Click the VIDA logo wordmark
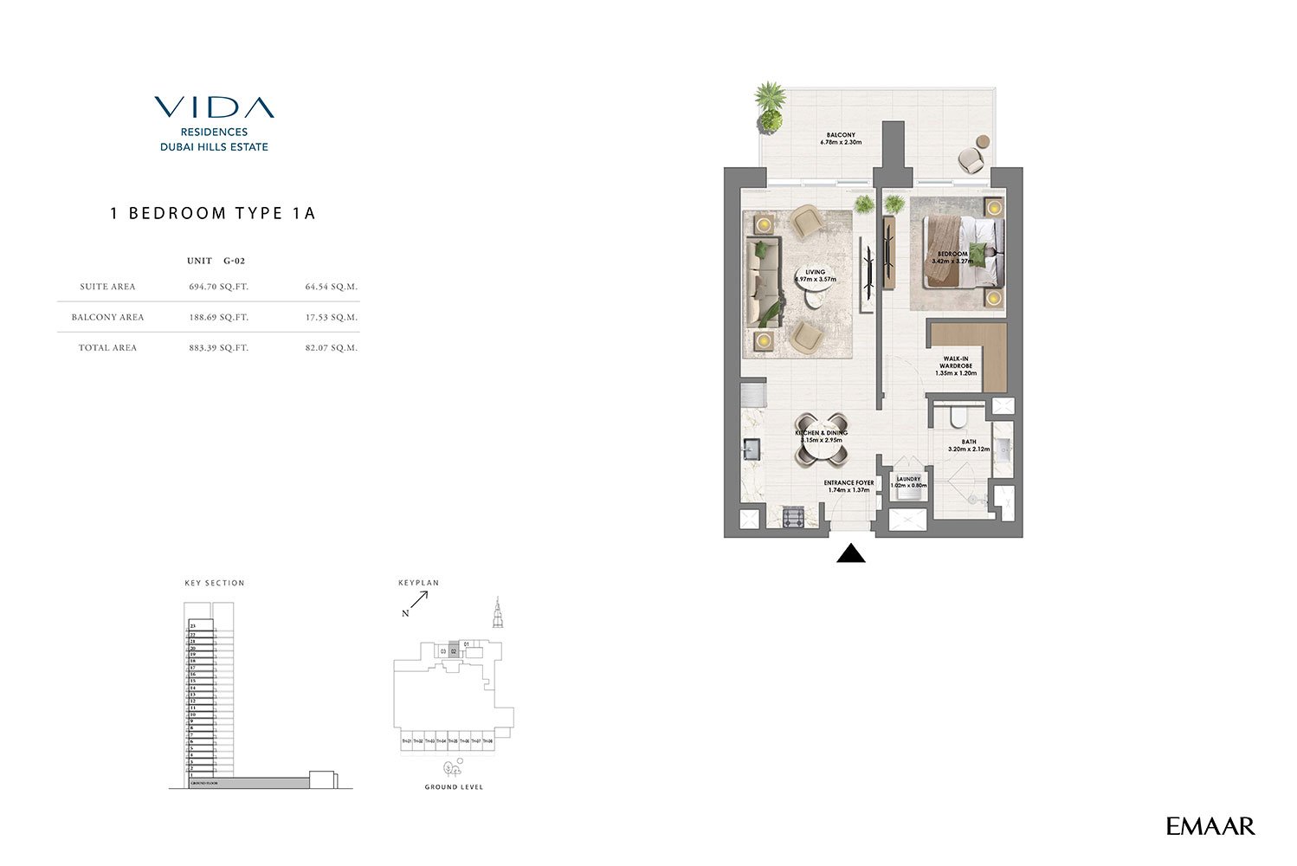[x=214, y=107]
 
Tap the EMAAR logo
[x=1210, y=826]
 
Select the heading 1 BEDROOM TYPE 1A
[x=213, y=213]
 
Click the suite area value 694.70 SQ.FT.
[x=218, y=287]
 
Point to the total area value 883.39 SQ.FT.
[x=218, y=347]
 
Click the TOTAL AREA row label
[x=107, y=347]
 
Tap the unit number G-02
[x=234, y=261]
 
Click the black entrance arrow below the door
[x=851, y=553]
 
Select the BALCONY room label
[x=840, y=135]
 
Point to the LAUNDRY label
[x=908, y=479]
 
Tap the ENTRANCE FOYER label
[x=849, y=483]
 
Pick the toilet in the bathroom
[x=957, y=419]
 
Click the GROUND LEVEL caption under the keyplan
[x=454, y=787]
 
